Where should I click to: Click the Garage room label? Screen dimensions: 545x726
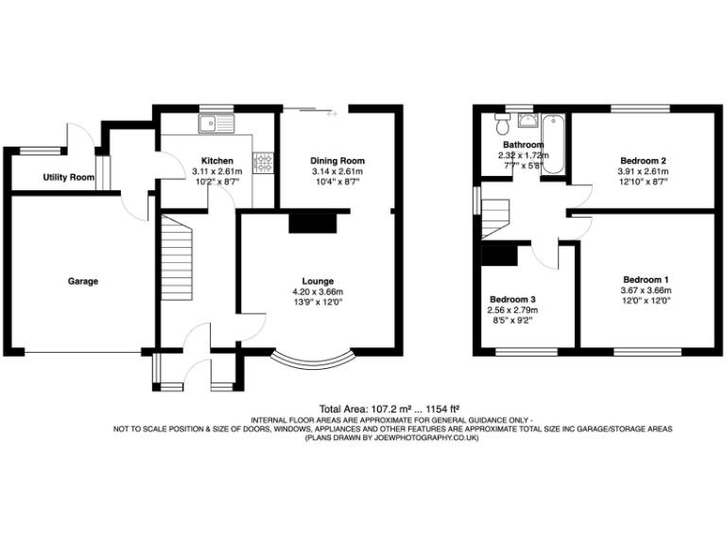click(x=82, y=281)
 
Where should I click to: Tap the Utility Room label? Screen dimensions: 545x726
click(x=68, y=178)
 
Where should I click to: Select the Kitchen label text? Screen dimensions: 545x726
click(x=217, y=161)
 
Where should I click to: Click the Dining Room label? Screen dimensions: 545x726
click(x=337, y=161)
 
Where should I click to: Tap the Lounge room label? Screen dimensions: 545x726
click(x=317, y=281)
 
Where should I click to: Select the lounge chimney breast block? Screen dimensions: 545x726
click(x=312, y=222)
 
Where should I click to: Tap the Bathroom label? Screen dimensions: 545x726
click(x=522, y=145)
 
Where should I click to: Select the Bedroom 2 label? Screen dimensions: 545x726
click(x=643, y=161)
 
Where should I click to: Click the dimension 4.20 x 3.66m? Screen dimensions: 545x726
click(x=317, y=292)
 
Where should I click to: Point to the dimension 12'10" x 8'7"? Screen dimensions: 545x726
click(x=643, y=183)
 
